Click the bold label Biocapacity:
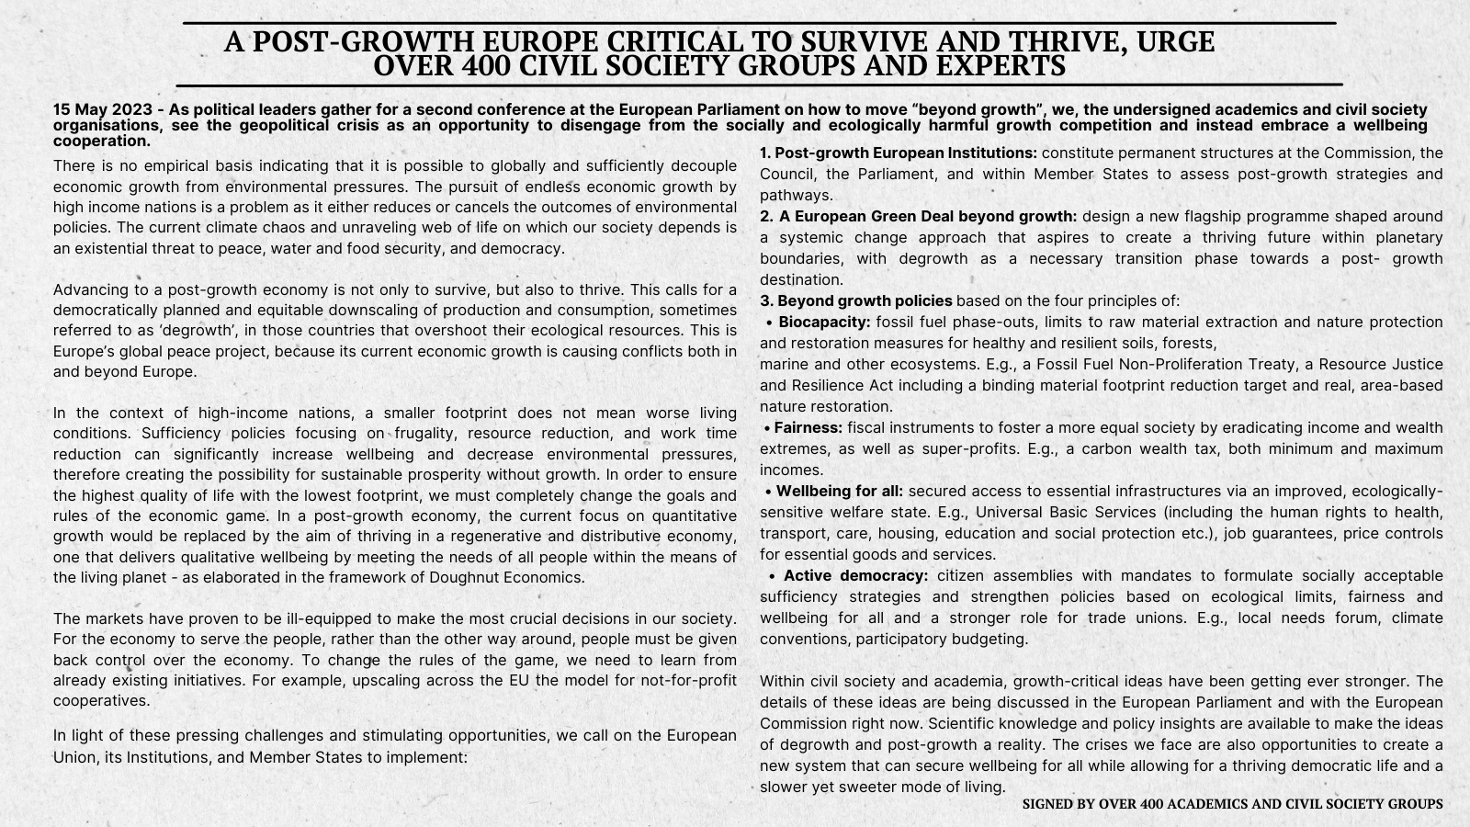coord(823,323)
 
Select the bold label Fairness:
coord(808,428)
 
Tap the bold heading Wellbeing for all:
coord(839,492)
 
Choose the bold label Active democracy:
coord(855,576)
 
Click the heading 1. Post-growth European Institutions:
coord(899,153)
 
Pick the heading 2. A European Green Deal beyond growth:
coord(919,217)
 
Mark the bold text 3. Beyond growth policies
coord(855,301)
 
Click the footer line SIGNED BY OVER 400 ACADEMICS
coord(1232,804)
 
